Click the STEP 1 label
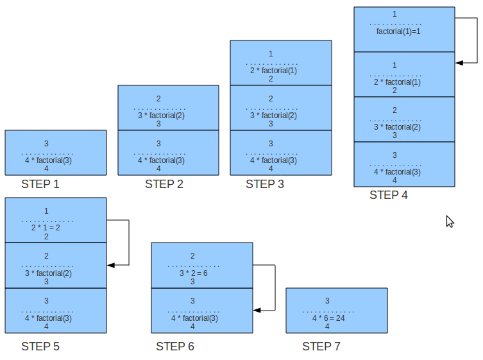[x=40, y=185]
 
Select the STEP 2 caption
[x=164, y=185]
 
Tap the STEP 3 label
[x=265, y=185]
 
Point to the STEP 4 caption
[x=388, y=195]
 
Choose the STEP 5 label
[x=40, y=347]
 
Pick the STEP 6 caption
[x=174, y=347]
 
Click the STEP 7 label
[x=321, y=347]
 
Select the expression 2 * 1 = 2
[x=45, y=227]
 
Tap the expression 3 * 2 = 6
[x=192, y=272]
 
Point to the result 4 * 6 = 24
[x=328, y=318]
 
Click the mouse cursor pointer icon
[x=450, y=221]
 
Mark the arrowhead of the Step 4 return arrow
[x=459, y=63]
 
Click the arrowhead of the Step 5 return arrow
[x=111, y=264]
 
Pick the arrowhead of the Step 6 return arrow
[x=257, y=310]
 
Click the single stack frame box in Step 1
[x=56, y=153]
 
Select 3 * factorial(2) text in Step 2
[x=160, y=116]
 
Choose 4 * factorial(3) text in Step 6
[x=194, y=318]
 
